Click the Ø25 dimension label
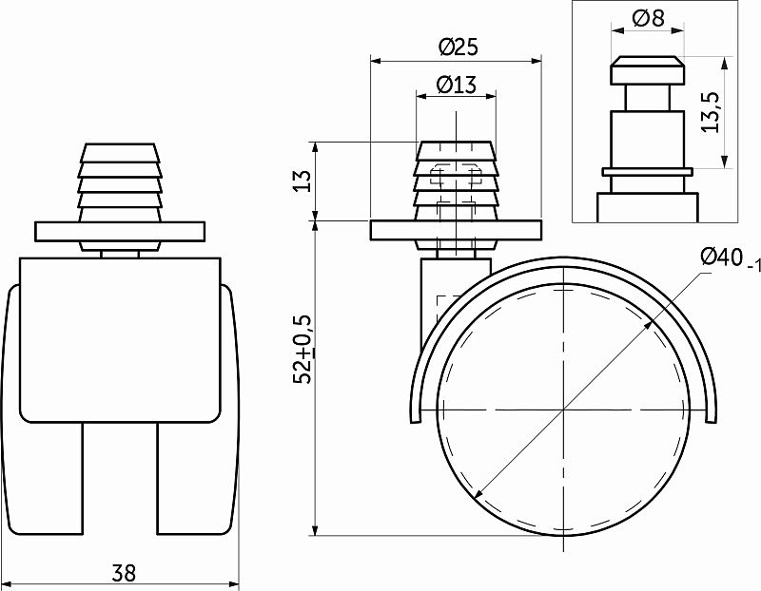click(x=457, y=46)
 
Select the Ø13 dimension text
click(x=456, y=85)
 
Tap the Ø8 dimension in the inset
click(x=647, y=18)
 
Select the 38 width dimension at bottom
click(x=123, y=573)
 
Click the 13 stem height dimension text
click(x=302, y=181)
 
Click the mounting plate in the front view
click(x=120, y=231)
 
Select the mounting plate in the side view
click(x=456, y=230)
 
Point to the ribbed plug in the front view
click(x=120, y=181)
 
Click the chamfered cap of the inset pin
click(x=647, y=70)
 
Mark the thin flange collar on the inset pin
click(x=647, y=171)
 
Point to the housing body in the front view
click(x=120, y=337)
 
